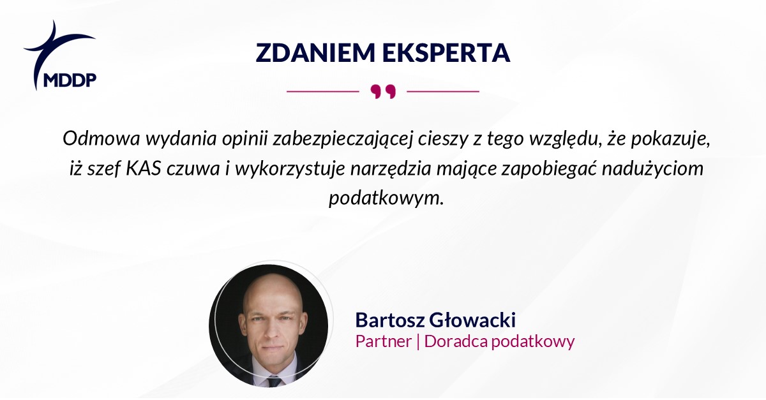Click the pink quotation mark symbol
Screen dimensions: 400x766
click(383, 92)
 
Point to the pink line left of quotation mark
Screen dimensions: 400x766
click(322, 92)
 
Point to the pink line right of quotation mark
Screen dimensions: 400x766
click(443, 92)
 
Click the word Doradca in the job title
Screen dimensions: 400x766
click(451, 341)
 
